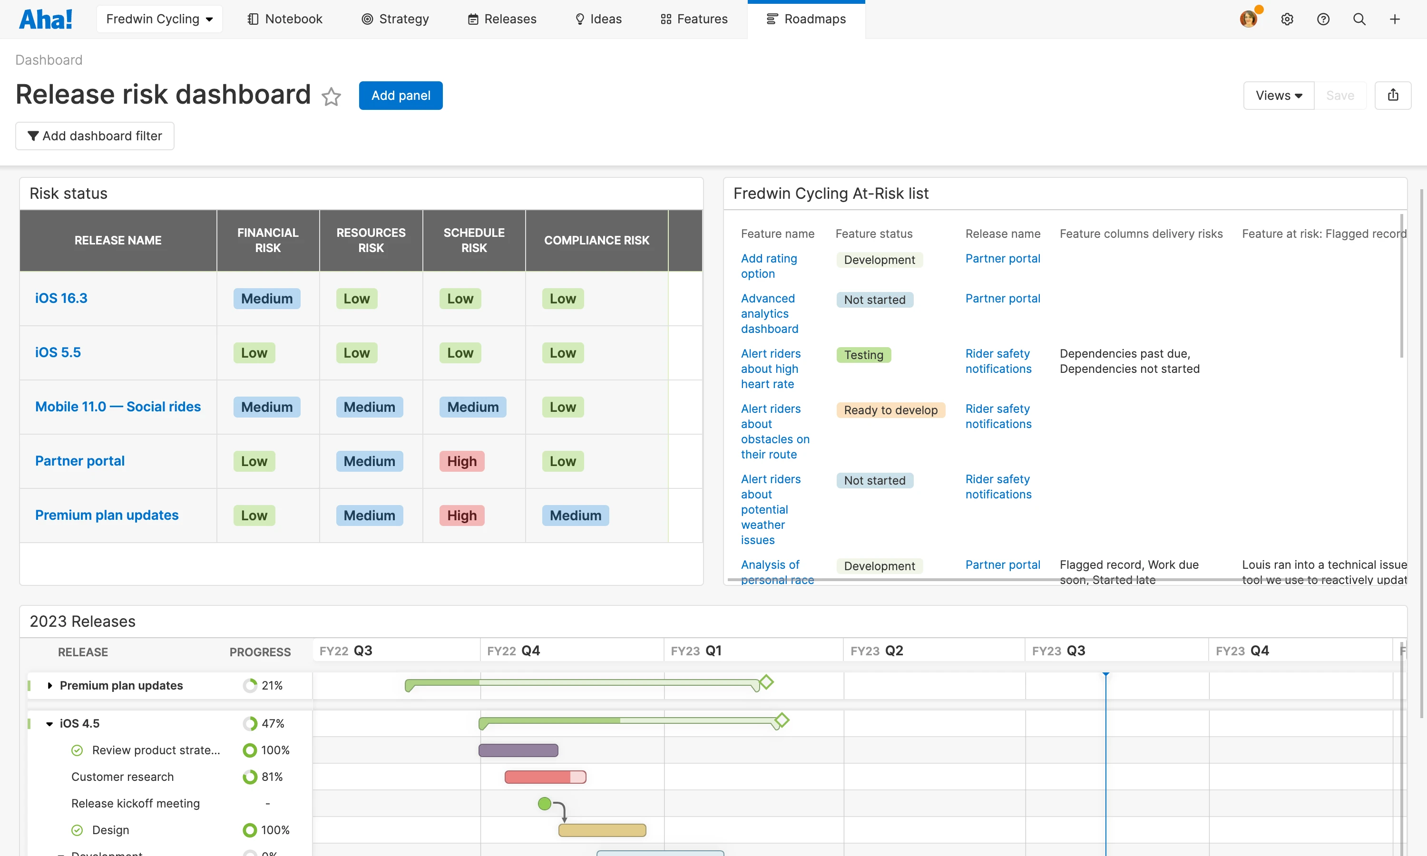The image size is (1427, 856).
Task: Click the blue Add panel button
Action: click(x=401, y=96)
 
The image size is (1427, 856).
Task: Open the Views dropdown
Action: click(x=1278, y=96)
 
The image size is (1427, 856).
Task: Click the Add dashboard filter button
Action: click(x=95, y=136)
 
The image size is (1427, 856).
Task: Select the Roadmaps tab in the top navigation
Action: click(x=806, y=19)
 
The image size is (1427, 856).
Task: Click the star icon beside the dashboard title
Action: click(x=331, y=97)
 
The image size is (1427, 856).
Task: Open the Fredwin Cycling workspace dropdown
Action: click(x=159, y=19)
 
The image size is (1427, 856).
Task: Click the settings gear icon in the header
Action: click(x=1287, y=19)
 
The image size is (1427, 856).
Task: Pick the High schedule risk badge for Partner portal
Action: click(x=461, y=461)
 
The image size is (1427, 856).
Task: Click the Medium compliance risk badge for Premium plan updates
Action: click(x=575, y=516)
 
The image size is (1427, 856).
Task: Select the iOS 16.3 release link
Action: click(x=61, y=298)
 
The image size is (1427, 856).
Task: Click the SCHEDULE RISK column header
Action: click(x=474, y=240)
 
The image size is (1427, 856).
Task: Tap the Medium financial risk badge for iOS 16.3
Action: click(x=266, y=299)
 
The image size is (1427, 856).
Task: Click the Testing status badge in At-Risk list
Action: click(x=863, y=355)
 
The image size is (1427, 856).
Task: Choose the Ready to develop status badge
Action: click(x=890, y=410)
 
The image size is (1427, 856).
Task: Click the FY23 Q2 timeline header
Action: click(x=876, y=651)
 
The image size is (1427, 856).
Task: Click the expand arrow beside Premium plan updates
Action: click(x=49, y=685)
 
